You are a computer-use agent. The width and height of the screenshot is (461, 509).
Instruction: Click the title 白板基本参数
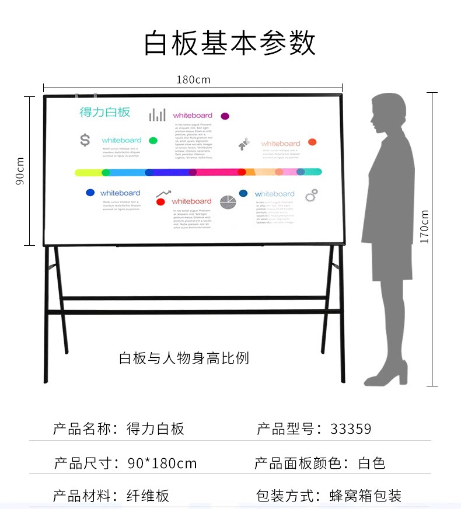coord(230,43)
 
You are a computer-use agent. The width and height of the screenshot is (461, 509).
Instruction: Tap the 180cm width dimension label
coord(193,79)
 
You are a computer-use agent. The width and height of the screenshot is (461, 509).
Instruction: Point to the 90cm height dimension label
coord(20,171)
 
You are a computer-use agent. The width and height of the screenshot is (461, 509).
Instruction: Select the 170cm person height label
coord(424,226)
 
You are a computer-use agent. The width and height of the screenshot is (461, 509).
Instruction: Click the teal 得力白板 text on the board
coord(105,112)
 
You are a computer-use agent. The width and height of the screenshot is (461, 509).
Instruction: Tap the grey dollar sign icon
coord(85,140)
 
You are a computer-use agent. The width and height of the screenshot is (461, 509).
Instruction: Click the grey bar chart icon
coord(157,114)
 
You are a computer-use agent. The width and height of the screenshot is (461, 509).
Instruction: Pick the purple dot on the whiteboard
coord(225,116)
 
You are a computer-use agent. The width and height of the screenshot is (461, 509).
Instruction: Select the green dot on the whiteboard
coord(153,141)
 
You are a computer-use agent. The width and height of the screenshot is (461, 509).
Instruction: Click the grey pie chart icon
coord(228,202)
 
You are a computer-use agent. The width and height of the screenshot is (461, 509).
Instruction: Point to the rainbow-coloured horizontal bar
coord(198,172)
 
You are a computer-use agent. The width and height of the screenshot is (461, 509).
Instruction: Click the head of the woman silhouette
coord(388,111)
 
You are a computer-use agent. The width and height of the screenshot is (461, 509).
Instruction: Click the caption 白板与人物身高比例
coord(184,358)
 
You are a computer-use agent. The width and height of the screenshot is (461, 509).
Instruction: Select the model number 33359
coord(350,429)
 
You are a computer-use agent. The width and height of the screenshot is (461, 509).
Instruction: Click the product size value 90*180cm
coord(162,463)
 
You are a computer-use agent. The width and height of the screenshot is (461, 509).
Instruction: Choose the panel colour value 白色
coord(372,463)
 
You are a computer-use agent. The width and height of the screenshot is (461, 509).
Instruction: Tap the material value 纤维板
coord(148,496)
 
